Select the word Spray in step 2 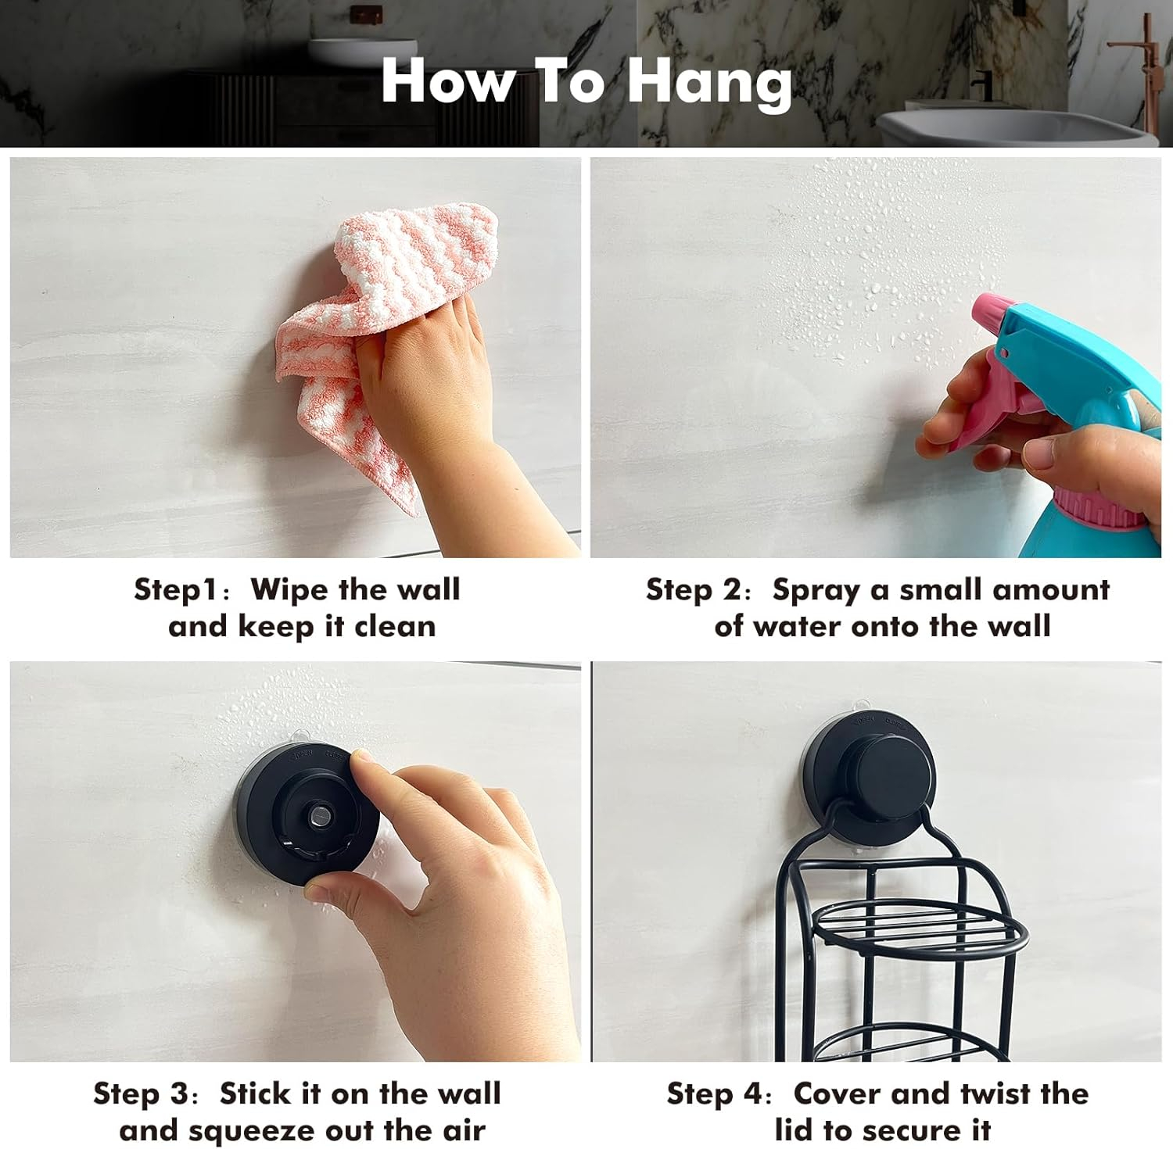tap(816, 591)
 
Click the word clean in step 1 tap(395, 626)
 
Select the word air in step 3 tap(463, 1131)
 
